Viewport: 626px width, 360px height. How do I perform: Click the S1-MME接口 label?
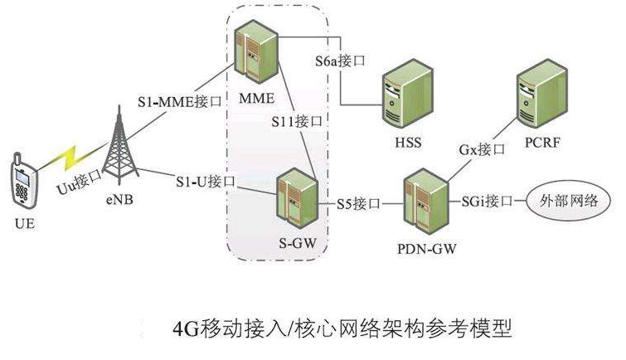pos(180,103)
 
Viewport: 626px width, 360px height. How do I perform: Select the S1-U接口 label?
pos(206,180)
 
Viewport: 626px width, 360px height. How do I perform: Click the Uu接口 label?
pos(78,182)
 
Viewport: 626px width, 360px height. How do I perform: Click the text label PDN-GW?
pos(427,247)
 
